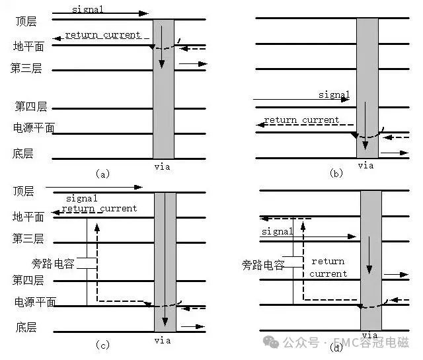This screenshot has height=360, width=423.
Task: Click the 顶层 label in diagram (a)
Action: point(26,22)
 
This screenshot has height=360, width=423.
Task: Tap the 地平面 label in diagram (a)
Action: point(28,46)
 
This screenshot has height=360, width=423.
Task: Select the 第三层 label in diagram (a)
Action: point(26,68)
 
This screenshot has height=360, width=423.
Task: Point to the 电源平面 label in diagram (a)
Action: point(34,128)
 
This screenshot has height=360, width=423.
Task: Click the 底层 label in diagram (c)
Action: point(26,327)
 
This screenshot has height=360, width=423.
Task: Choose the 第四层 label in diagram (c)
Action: point(28,281)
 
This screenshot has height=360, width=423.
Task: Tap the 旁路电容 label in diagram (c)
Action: point(53,264)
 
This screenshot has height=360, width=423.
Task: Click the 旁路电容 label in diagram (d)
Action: point(263,265)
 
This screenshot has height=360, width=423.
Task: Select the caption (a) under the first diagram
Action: point(103,174)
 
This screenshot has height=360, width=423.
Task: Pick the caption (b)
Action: point(336,173)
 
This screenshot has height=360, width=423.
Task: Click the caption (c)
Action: point(103,345)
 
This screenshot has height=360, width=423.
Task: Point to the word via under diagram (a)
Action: point(162,167)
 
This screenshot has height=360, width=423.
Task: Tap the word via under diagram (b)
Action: point(365,166)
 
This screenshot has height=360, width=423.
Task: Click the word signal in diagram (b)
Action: point(334,94)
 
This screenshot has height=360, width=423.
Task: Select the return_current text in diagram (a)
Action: point(103,35)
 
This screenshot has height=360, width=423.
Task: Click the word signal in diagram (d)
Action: point(278,231)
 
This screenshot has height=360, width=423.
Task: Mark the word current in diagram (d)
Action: point(328,274)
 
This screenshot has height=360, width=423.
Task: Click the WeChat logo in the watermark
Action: point(271,342)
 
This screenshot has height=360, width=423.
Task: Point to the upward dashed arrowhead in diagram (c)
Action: point(97,228)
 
